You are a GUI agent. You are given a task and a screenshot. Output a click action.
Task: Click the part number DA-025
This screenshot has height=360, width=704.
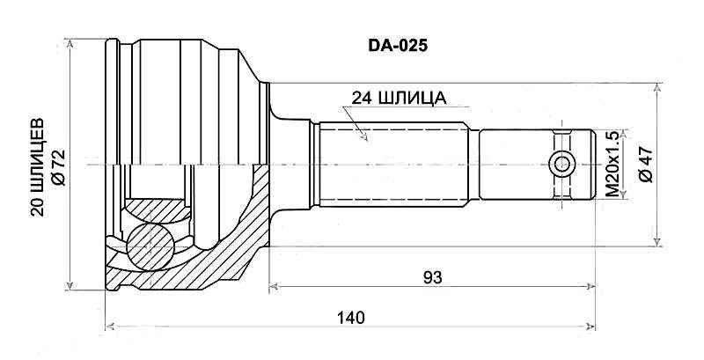(398, 45)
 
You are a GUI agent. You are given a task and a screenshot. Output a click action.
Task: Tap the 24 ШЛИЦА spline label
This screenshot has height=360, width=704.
(399, 99)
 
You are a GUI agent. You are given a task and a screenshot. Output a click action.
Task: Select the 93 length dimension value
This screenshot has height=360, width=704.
(432, 277)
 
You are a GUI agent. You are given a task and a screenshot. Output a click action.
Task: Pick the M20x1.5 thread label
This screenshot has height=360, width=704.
(612, 165)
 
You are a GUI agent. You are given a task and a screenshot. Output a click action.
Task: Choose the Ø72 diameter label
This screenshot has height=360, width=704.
(59, 167)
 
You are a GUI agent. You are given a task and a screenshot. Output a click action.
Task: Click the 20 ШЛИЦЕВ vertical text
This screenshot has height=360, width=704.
(38, 167)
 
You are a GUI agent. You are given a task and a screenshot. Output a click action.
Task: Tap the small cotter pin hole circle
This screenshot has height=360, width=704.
(561, 165)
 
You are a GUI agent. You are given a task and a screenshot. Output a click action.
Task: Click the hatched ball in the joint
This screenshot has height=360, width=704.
(150, 246)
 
